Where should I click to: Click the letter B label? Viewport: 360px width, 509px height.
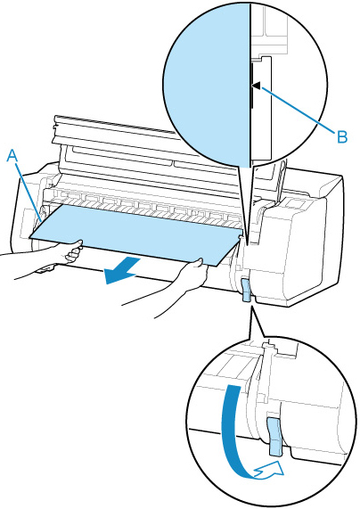342,136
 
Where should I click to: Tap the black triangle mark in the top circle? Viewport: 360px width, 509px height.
256,86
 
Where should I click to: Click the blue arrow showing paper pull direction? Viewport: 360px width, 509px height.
122,269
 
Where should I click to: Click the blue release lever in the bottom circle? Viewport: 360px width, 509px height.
275,438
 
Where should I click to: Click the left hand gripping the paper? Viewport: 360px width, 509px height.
72,251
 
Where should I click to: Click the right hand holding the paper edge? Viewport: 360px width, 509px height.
195,273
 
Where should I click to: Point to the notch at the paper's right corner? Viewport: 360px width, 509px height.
241,237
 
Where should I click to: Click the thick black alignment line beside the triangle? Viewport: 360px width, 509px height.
251,85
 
